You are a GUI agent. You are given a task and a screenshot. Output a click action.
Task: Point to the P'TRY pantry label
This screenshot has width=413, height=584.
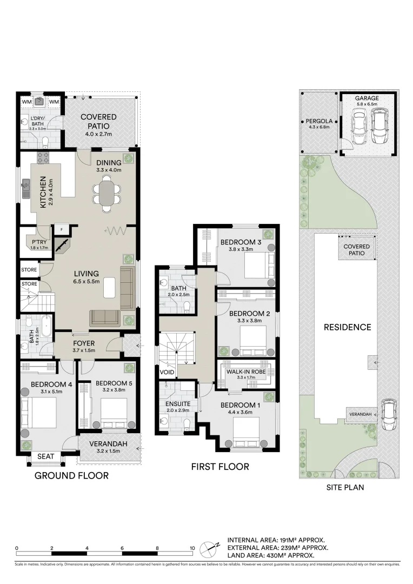pos(39,242)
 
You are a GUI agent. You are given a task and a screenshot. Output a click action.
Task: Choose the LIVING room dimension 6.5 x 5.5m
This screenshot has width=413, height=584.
pos(86,281)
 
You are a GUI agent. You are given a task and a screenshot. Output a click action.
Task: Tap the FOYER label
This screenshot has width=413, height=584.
pos(84,343)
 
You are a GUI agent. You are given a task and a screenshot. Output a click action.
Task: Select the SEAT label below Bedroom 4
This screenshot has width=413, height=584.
pos(46,456)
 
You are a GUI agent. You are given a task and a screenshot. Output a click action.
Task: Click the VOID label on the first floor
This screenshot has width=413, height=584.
pos(166,373)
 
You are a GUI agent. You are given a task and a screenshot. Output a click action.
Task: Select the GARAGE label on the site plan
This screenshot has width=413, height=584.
pos(367,98)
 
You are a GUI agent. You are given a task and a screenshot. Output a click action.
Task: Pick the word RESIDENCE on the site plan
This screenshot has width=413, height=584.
pos(347,327)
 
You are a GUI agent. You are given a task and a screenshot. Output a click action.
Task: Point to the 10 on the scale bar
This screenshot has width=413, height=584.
pos(192,548)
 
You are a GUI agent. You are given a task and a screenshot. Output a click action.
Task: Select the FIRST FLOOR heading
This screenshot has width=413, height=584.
pos(220,466)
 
